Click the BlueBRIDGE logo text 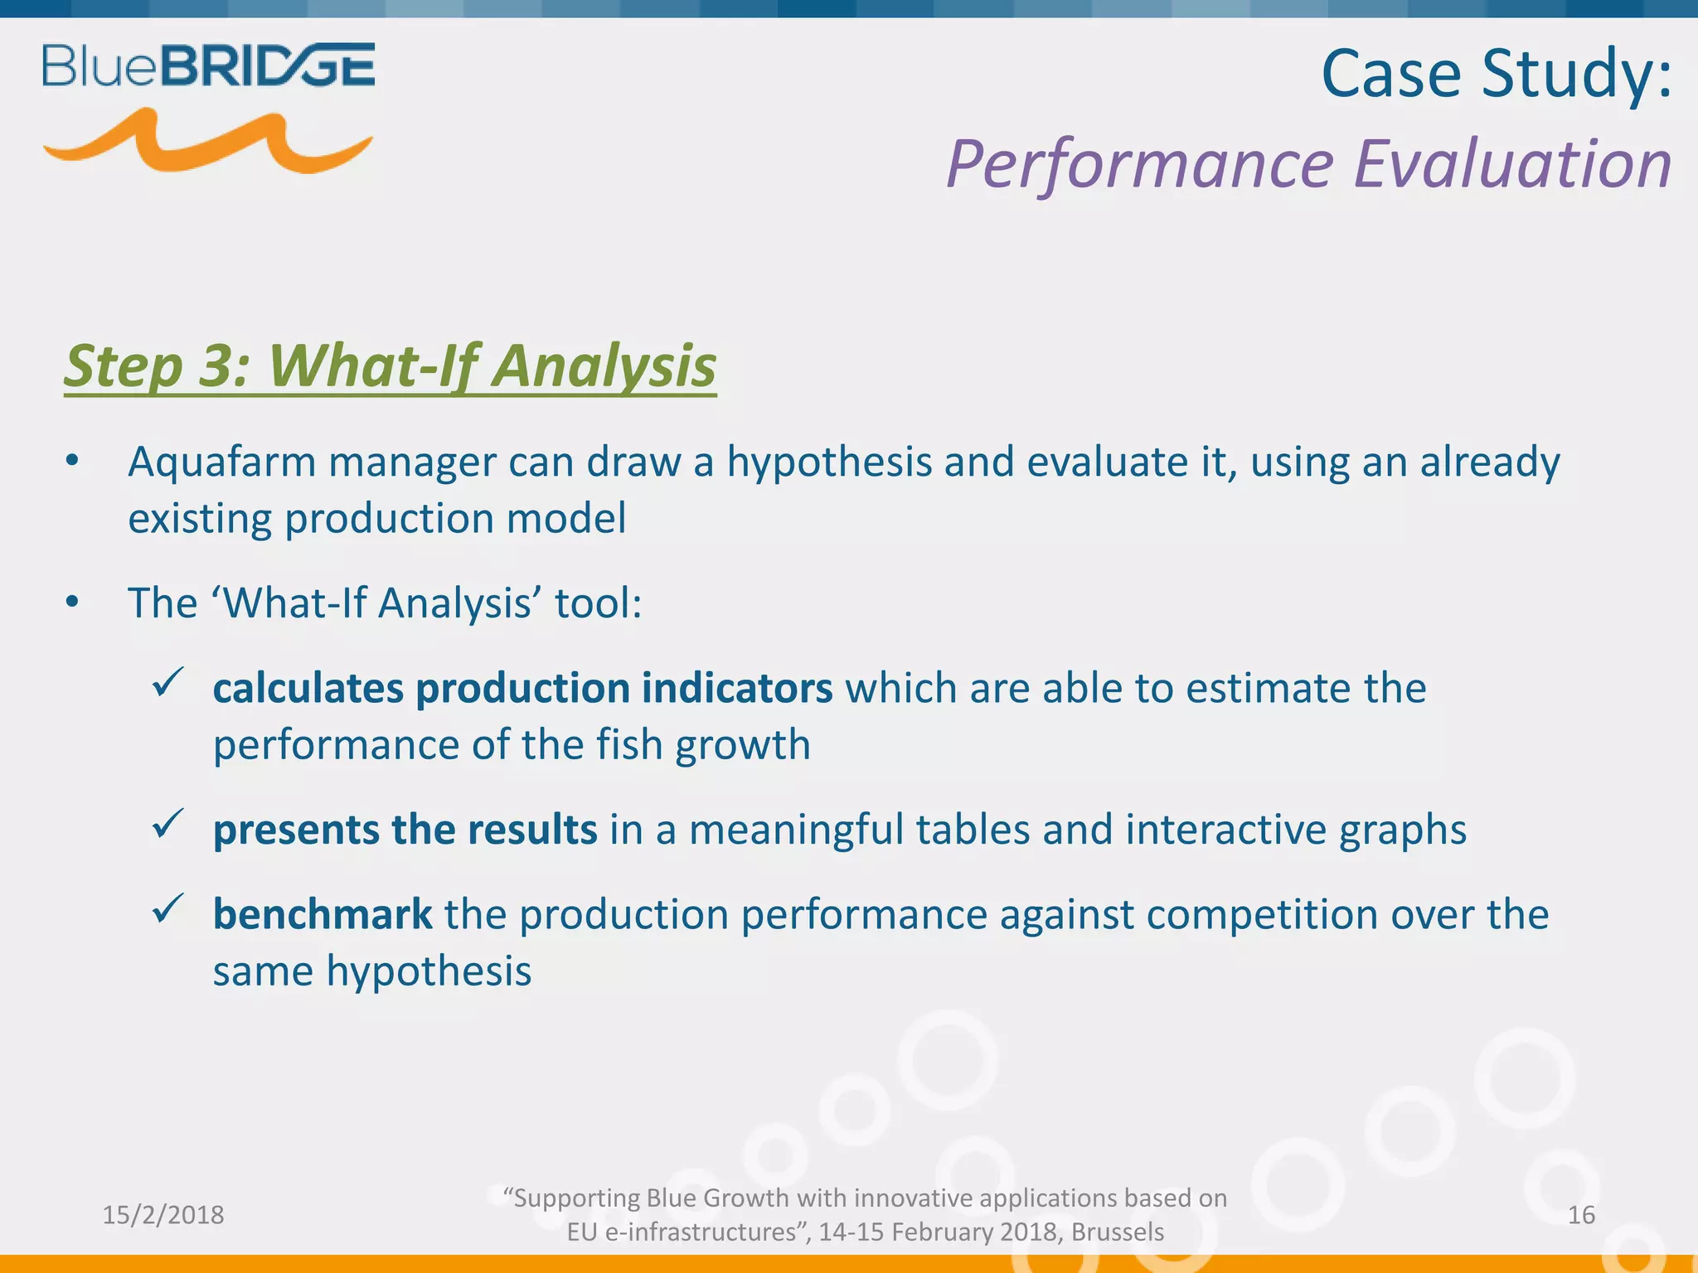tap(208, 65)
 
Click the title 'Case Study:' tap(1496, 75)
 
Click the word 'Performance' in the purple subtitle tap(1140, 164)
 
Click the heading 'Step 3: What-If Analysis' tap(390, 365)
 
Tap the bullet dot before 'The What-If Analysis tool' tap(72, 603)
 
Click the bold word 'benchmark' tap(322, 914)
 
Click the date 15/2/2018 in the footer tap(163, 1215)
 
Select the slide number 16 tap(1581, 1215)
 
